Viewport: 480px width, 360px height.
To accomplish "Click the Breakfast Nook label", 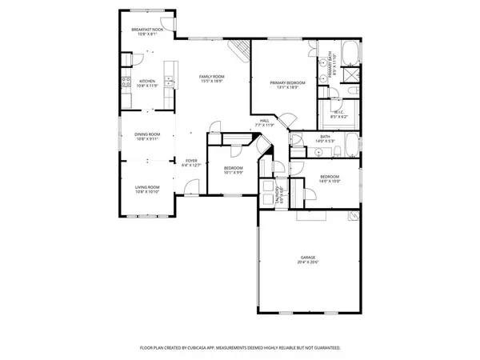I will tap(147, 30).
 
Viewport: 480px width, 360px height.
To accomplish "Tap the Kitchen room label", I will tap(147, 81).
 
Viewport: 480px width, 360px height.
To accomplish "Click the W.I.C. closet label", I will tap(338, 113).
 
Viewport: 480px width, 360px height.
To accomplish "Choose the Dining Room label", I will tap(147, 134).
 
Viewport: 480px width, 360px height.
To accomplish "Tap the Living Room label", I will tap(147, 187).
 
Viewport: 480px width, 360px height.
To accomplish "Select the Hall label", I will tap(264, 121).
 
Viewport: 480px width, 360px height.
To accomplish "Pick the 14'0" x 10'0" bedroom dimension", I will tap(330, 181).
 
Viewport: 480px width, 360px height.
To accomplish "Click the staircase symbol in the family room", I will tap(237, 52).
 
